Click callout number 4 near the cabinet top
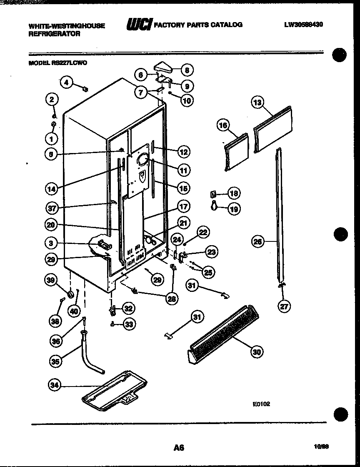tap(66, 82)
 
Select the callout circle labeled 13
tap(258, 102)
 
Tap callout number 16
tap(224, 125)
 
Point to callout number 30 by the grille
tap(257, 352)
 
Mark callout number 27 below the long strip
tap(284, 306)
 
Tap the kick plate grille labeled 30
tap(221, 329)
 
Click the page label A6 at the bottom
tap(179, 447)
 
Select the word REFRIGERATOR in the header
tap(54, 34)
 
